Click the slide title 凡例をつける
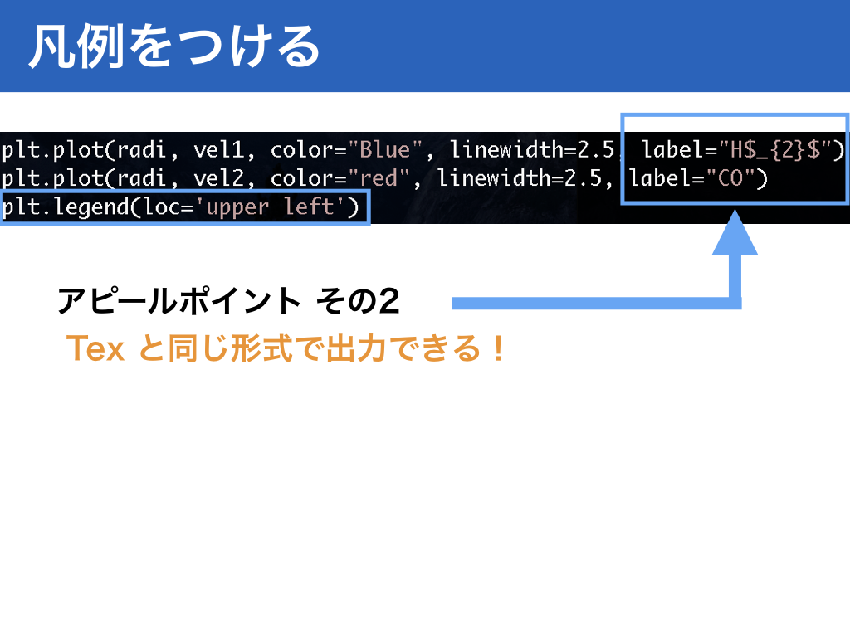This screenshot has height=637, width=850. [174, 46]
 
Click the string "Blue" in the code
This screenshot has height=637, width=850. [385, 150]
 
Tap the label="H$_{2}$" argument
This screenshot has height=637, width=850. [743, 150]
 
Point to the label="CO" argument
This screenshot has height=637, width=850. [698, 178]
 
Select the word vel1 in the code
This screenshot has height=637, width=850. [219, 150]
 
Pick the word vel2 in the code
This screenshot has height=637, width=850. [219, 178]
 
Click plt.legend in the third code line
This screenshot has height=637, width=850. [65, 207]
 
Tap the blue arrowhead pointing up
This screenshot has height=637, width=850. [735, 233]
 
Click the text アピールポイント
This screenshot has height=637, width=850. [179, 301]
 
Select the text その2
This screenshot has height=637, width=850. [359, 301]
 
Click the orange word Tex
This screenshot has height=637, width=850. [95, 348]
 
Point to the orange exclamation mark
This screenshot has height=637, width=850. [499, 348]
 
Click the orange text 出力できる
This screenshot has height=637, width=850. [404, 348]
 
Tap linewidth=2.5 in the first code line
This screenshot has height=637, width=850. [532, 150]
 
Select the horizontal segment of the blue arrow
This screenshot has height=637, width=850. [596, 304]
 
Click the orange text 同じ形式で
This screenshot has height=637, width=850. [247, 348]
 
